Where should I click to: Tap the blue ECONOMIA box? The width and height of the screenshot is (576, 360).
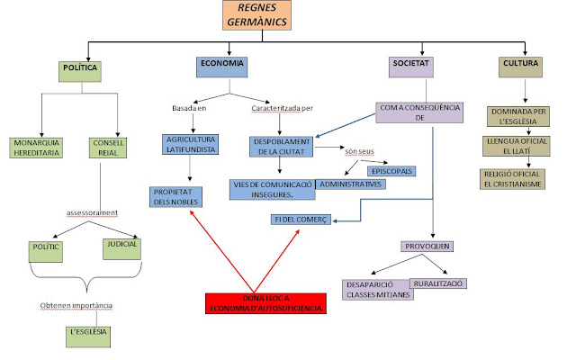(222, 66)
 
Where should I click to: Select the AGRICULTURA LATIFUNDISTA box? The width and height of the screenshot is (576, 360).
(190, 146)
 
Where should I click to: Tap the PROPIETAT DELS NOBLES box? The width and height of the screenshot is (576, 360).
(175, 195)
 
